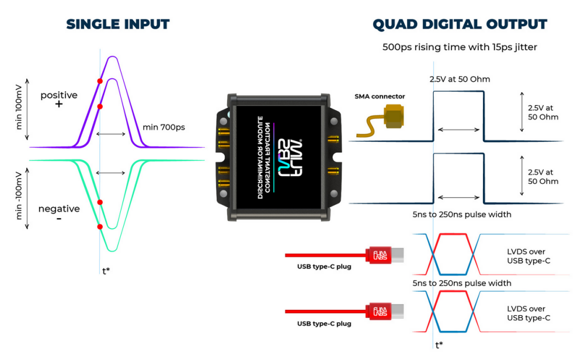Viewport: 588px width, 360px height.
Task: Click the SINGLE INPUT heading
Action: click(117, 25)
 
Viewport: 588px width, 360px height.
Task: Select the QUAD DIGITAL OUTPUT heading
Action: click(460, 25)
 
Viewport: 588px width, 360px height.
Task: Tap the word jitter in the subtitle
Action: click(524, 47)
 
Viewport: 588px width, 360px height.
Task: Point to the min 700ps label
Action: click(163, 127)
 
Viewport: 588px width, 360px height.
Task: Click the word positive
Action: click(58, 95)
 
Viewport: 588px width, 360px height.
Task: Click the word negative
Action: click(58, 208)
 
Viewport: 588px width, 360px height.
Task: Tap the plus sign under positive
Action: click(58, 104)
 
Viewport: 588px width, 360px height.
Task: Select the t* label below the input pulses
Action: click(105, 270)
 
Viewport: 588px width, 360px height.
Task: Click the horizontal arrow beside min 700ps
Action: click(111, 134)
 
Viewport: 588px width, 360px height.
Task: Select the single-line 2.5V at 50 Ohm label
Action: click(460, 79)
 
